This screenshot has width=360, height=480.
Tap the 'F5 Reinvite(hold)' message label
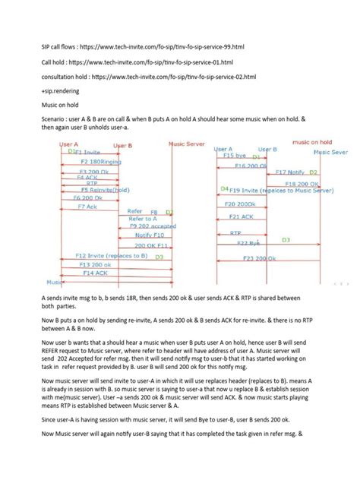(x=92, y=190)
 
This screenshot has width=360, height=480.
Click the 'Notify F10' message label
(x=149, y=235)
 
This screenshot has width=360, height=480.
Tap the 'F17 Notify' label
(x=289, y=173)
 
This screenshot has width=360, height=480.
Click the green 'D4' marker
(x=224, y=188)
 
